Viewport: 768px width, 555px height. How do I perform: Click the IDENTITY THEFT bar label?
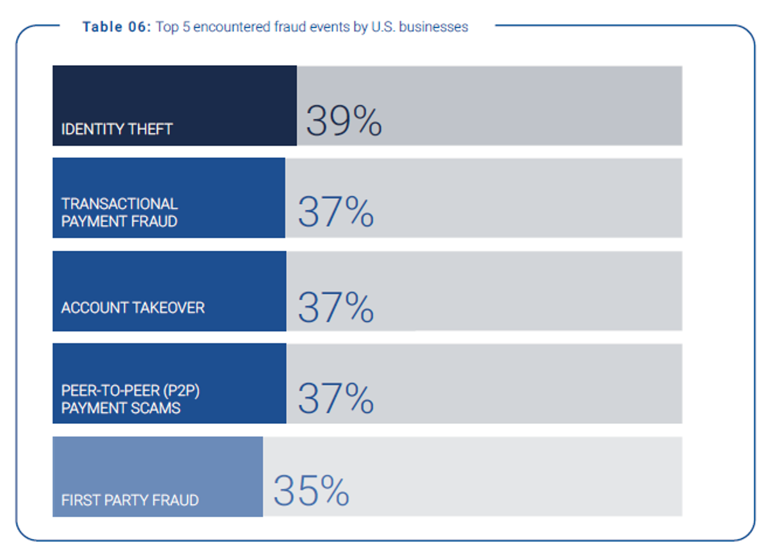click(x=116, y=129)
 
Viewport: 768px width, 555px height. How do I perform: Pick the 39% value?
click(x=344, y=121)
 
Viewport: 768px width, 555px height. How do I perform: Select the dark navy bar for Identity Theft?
click(x=174, y=96)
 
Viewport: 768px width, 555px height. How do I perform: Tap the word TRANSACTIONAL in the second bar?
click(x=119, y=204)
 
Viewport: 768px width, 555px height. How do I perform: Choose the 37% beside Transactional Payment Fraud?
click(x=335, y=213)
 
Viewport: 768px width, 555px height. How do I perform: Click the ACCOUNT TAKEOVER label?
click(x=132, y=308)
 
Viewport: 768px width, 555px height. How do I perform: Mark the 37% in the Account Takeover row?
click(x=335, y=307)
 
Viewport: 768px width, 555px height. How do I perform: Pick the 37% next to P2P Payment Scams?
click(x=335, y=398)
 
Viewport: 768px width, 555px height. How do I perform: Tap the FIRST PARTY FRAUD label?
click(x=130, y=500)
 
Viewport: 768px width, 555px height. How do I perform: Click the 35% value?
click(x=312, y=491)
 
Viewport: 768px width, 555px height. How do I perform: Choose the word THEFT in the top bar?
click(x=152, y=129)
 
